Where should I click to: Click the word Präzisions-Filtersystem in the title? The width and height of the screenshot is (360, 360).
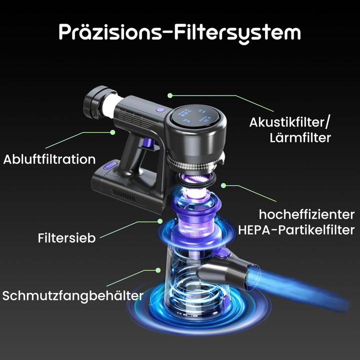tap(180, 32)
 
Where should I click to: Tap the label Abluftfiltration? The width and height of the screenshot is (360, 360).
tap(49, 159)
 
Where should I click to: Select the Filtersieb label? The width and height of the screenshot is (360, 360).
tap(66, 237)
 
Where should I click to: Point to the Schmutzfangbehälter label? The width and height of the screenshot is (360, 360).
tap(73, 295)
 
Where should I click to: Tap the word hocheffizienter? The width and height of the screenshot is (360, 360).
tap(306, 214)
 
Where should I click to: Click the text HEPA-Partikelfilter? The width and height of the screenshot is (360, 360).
tap(296, 230)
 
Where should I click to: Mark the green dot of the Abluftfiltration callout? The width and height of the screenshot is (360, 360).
tap(113, 132)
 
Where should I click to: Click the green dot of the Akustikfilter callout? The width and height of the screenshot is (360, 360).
tap(170, 94)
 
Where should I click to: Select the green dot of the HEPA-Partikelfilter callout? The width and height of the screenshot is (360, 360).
tap(223, 185)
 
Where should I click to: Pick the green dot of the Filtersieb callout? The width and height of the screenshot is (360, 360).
tap(160, 220)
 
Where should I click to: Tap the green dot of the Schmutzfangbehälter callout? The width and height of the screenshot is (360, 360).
tap(158, 270)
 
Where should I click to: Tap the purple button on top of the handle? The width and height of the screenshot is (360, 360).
tap(159, 109)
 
